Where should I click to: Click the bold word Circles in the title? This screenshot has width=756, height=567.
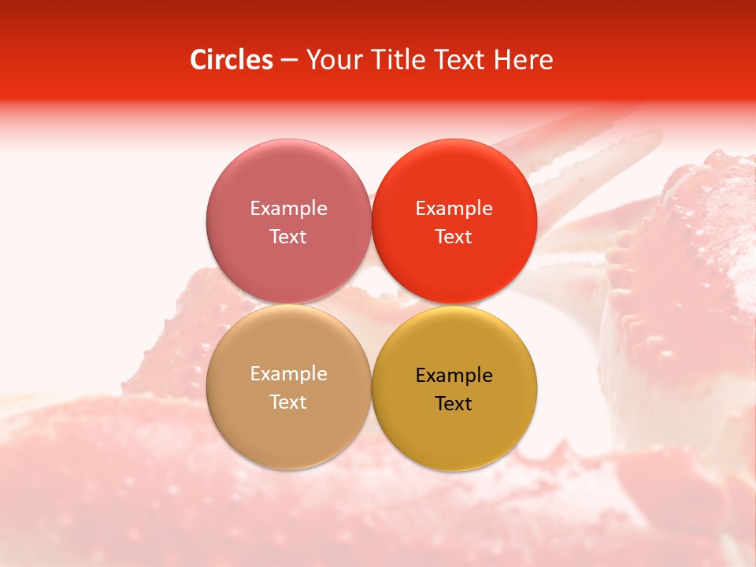231,60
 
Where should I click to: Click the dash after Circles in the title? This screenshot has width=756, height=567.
289,60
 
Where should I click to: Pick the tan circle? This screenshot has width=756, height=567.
288,425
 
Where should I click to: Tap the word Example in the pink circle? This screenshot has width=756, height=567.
288,208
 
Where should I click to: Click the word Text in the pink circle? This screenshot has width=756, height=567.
288,236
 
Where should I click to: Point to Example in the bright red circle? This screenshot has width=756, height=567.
454,208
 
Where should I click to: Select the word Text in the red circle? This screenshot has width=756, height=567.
454,236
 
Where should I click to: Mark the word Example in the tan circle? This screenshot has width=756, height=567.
288,373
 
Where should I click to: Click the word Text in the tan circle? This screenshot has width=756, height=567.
288,402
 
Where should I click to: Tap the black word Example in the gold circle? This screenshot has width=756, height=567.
454,375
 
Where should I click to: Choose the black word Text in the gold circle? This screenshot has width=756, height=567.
454,403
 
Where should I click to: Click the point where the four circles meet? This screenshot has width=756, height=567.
372,304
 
